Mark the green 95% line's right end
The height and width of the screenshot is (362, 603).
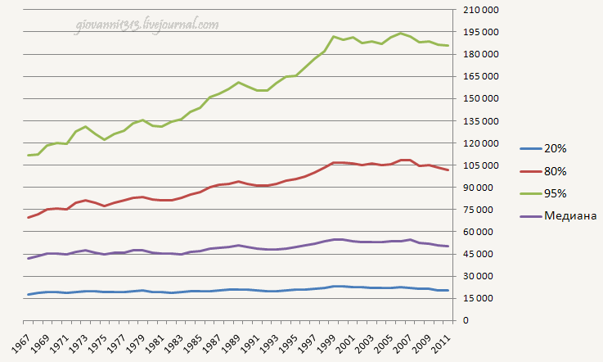pyautogui.click(x=448, y=46)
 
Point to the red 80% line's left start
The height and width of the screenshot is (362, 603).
pyautogui.click(x=29, y=217)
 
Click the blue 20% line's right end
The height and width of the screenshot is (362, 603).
pyautogui.click(x=448, y=290)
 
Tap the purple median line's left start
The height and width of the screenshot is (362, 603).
pyautogui.click(x=29, y=258)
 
